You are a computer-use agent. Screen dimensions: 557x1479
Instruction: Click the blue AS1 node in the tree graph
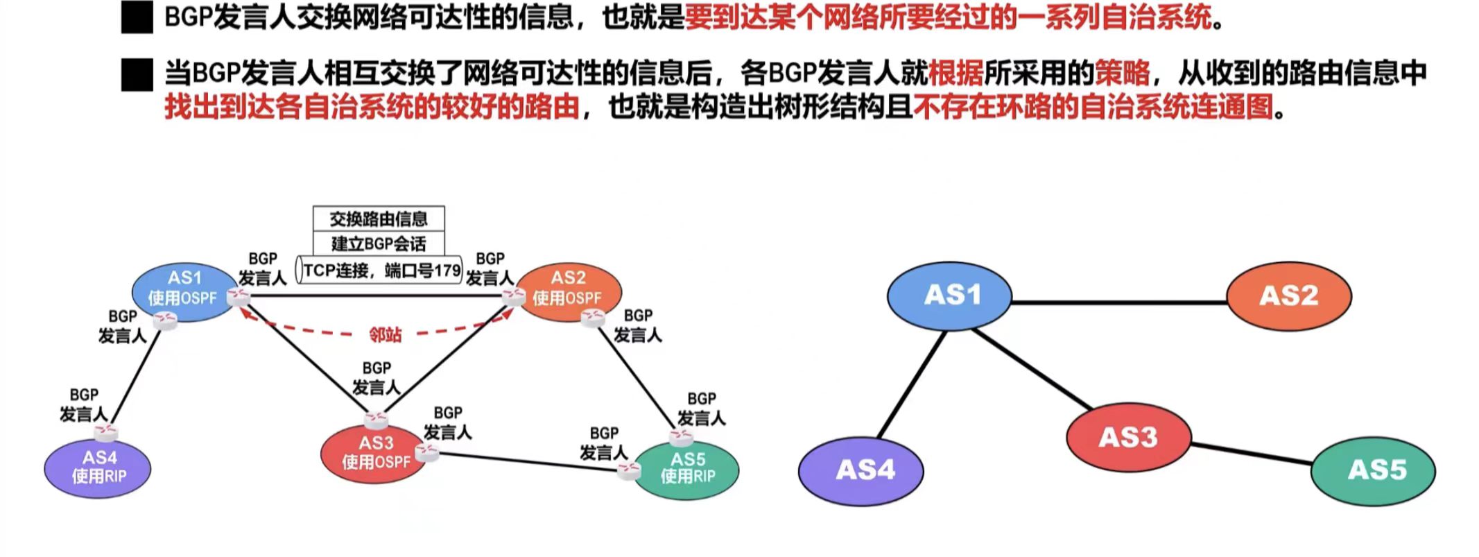[949, 296]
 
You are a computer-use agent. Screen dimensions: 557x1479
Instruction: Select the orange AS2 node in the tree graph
[1288, 296]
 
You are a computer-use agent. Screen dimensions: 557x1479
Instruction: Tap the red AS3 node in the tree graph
[1128, 438]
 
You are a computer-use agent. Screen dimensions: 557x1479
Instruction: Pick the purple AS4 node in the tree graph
[860, 471]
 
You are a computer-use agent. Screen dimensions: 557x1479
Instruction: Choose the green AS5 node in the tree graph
[1372, 471]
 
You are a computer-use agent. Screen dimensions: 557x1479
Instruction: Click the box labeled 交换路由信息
[379, 219]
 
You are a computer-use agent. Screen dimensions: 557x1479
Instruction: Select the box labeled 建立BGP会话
[379, 243]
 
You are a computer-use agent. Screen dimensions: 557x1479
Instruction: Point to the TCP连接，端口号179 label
[380, 270]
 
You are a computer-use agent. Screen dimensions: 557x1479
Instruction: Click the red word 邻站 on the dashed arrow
[385, 335]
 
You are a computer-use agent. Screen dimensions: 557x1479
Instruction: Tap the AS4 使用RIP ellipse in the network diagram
[97, 468]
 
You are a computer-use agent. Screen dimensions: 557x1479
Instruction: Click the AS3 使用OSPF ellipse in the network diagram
[374, 453]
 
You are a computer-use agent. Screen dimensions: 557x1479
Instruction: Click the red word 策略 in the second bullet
[1122, 73]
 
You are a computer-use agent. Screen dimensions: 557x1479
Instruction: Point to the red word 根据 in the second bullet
[955, 73]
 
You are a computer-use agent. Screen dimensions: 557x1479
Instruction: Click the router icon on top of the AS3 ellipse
[376, 419]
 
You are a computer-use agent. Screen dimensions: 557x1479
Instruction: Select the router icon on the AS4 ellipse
[106, 433]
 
